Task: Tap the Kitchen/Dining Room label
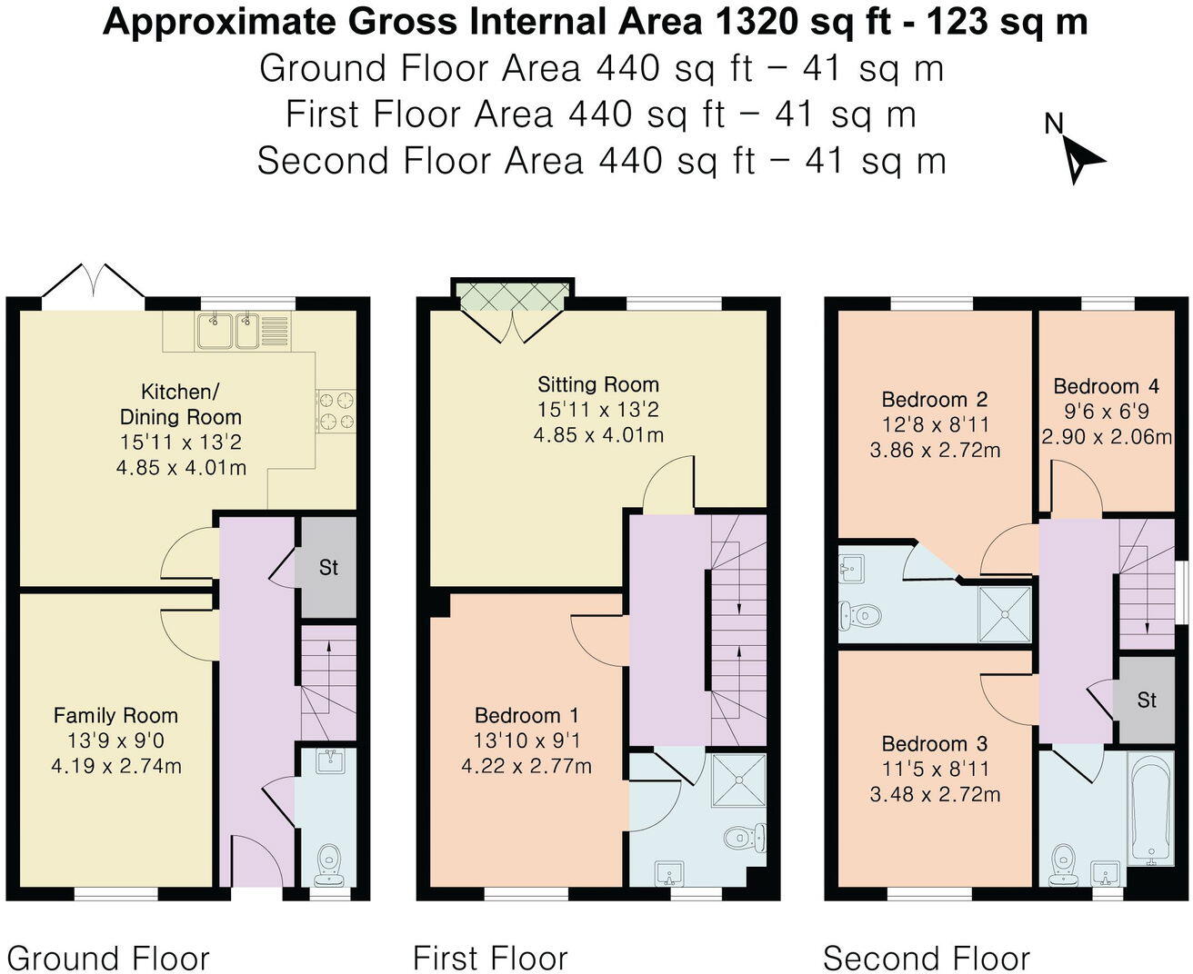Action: point(180,404)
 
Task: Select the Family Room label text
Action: point(115,715)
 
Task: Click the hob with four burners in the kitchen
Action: point(335,410)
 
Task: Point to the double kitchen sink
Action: point(228,330)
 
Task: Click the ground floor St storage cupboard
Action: point(328,567)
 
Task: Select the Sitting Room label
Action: point(597,384)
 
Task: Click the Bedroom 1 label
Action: point(526,715)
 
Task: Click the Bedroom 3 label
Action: point(935,743)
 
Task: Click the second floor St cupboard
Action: point(1146,700)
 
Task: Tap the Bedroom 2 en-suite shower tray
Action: point(1007,615)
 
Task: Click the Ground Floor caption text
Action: point(108,958)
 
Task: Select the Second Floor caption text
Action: point(927,958)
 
